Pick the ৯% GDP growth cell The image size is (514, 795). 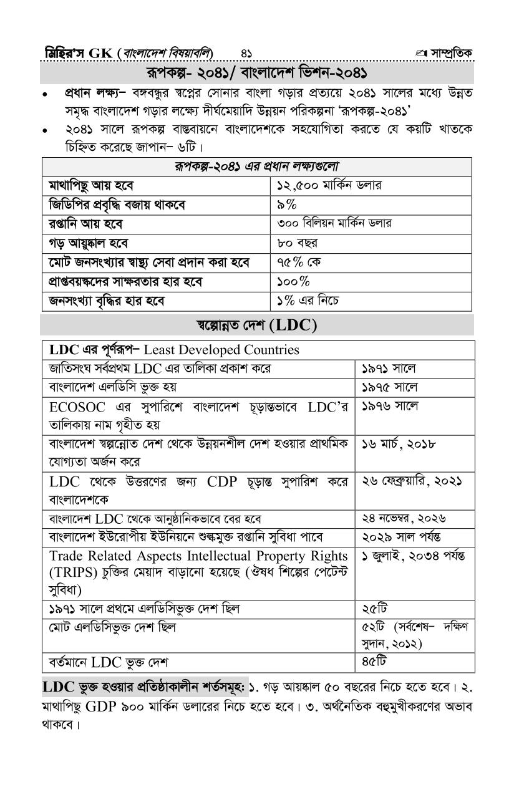287,205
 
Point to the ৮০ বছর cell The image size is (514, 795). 298,243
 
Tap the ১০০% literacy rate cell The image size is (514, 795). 293,282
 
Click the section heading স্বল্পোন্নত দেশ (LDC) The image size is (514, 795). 256,325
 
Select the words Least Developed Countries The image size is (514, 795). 221,350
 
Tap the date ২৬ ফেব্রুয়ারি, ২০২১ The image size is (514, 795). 412,482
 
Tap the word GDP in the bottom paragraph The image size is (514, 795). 103,707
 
